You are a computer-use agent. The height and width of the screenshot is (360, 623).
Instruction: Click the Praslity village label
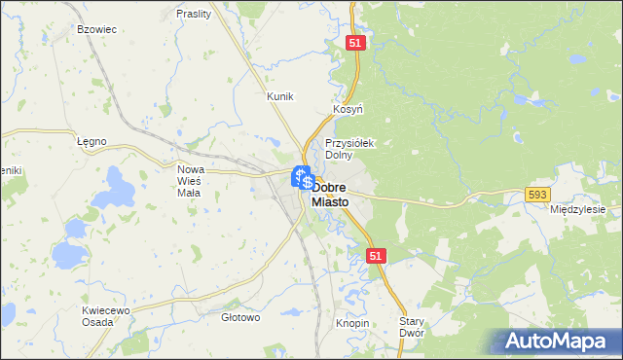pos(195,14)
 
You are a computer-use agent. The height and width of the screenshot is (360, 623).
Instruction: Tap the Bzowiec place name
pos(96,29)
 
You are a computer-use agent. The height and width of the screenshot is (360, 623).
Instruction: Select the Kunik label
pos(280,96)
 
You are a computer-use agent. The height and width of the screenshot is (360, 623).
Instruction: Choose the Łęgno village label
pos(91,141)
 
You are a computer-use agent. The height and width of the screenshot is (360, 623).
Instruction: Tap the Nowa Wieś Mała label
pos(189,180)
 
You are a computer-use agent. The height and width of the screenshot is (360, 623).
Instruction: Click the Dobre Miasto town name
pos(345,194)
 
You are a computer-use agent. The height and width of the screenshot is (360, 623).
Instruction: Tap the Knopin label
pos(352,322)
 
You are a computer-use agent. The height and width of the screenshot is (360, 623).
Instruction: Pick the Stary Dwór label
pos(415,326)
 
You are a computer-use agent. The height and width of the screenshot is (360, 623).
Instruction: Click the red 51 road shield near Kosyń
pos(355,43)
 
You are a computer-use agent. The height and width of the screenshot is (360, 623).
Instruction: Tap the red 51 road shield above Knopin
pos(378,255)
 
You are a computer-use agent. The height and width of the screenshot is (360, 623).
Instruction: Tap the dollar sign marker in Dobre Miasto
pos(308,183)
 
